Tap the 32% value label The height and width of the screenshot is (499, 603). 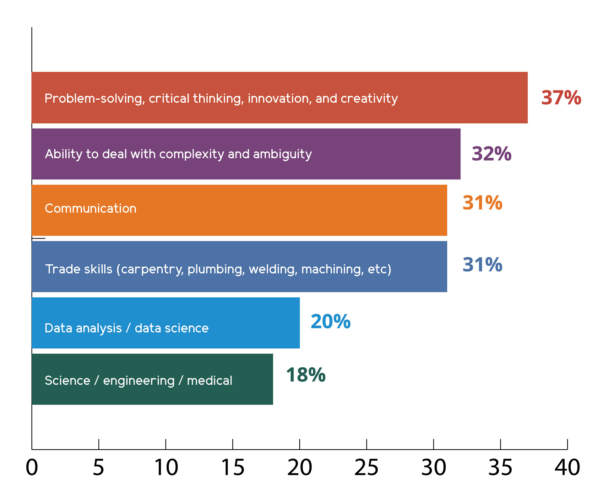[492, 154]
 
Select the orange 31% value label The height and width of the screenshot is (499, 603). [482, 203]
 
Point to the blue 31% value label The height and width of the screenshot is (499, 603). [482, 265]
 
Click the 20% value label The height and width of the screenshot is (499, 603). [330, 321]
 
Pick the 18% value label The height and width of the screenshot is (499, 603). [306, 375]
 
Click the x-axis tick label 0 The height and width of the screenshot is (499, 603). [32, 467]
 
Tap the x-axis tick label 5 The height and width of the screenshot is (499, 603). [98, 467]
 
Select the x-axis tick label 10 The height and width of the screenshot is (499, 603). [166, 467]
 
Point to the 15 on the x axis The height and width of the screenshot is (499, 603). [233, 467]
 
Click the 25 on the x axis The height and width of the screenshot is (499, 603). [366, 467]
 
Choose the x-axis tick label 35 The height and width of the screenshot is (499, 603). [500, 467]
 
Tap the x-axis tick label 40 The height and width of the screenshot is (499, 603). [567, 467]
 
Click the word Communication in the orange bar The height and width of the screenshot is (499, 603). [90, 208]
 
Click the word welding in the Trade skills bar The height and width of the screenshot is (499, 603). [273, 269]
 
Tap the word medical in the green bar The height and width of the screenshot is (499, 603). [209, 381]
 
